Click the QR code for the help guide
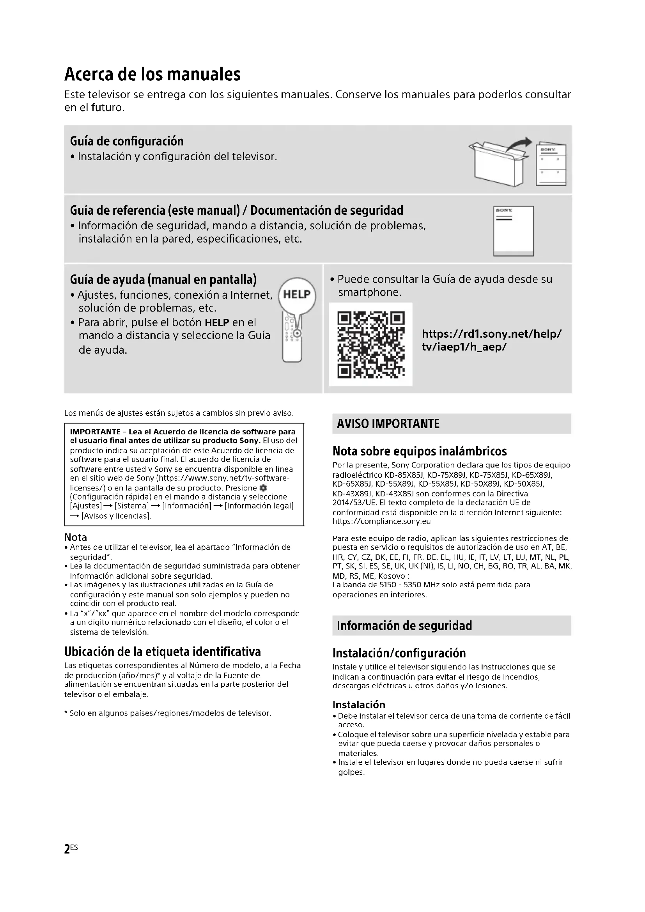[x=370, y=344]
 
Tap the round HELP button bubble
[x=297, y=295]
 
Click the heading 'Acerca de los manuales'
[x=152, y=74]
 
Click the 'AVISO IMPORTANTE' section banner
[x=451, y=424]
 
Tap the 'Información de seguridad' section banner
[x=451, y=625]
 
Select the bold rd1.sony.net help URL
[x=491, y=340]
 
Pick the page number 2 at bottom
[x=67, y=849]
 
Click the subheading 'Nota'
[x=76, y=537]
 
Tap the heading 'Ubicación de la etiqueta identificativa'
[x=163, y=652]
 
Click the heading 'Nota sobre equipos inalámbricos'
[x=420, y=451]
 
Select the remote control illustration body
[x=292, y=342]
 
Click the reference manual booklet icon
[x=513, y=231]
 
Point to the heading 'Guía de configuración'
[x=127, y=142]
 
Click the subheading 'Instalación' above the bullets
[x=359, y=705]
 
